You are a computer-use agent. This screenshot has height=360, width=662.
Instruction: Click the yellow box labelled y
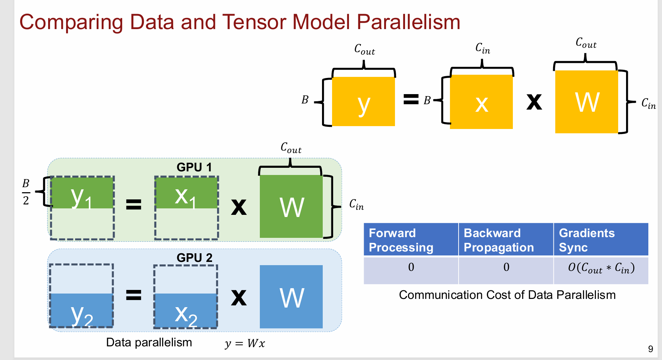pos(363,101)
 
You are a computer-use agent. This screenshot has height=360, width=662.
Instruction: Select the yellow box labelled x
pos(481,102)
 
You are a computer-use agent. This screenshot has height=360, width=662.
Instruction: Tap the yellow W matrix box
pos(587,102)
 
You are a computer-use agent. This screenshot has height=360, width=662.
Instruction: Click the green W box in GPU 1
pos(291,206)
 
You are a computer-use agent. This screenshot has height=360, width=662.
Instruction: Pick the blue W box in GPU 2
pos(291,297)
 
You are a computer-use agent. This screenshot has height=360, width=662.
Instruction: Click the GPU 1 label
pos(194,167)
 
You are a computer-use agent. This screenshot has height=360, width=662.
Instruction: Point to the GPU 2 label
pos(194,258)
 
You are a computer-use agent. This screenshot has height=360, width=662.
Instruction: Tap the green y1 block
pos(82,193)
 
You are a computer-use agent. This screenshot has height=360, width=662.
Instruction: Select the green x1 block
pos(187,193)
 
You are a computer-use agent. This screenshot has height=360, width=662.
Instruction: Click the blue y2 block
pos(82,310)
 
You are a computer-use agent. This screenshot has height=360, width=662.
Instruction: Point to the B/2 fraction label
pos(26,192)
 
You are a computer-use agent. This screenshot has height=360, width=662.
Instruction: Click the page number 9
pos(650,349)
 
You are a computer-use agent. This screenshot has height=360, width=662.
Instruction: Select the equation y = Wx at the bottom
pos(245,343)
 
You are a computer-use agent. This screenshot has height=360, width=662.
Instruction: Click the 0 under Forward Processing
pos(411,267)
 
